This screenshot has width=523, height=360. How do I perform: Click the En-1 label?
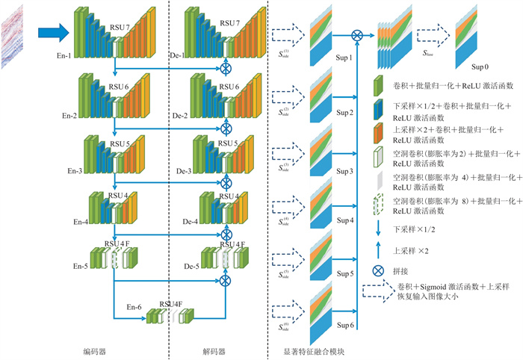pyautogui.click(x=66, y=54)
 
